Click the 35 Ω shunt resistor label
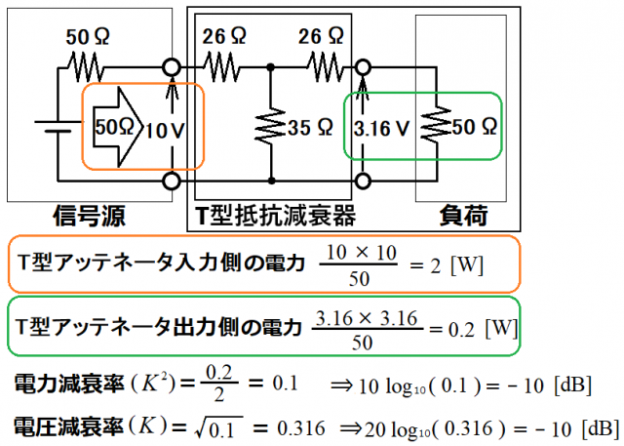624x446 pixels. pyautogui.click(x=310, y=128)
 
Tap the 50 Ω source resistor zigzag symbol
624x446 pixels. pyautogui.click(x=85, y=68)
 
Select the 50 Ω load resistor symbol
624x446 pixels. pyautogui.click(x=437, y=124)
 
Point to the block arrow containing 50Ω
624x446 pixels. pyautogui.click(x=118, y=127)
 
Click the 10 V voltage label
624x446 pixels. pyautogui.click(x=165, y=131)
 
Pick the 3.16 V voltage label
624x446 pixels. pyautogui.click(x=381, y=128)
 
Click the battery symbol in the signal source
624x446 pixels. pyautogui.click(x=55, y=126)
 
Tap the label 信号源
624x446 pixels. pyautogui.click(x=89, y=217)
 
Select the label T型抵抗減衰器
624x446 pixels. pyautogui.click(x=275, y=216)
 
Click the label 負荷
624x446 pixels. pyautogui.click(x=463, y=216)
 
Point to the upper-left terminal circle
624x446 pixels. pyautogui.click(x=172, y=67)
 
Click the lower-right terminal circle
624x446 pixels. pyautogui.click(x=362, y=182)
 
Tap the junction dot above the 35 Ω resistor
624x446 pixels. pyautogui.click(x=271, y=67)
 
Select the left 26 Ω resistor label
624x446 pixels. pyautogui.click(x=224, y=36)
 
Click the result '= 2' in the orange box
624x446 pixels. pyautogui.click(x=425, y=265)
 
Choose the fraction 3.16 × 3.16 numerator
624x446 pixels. pyautogui.click(x=367, y=318)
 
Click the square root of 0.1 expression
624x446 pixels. pyautogui.click(x=218, y=429)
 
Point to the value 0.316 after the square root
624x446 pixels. pyautogui.click(x=301, y=428)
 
